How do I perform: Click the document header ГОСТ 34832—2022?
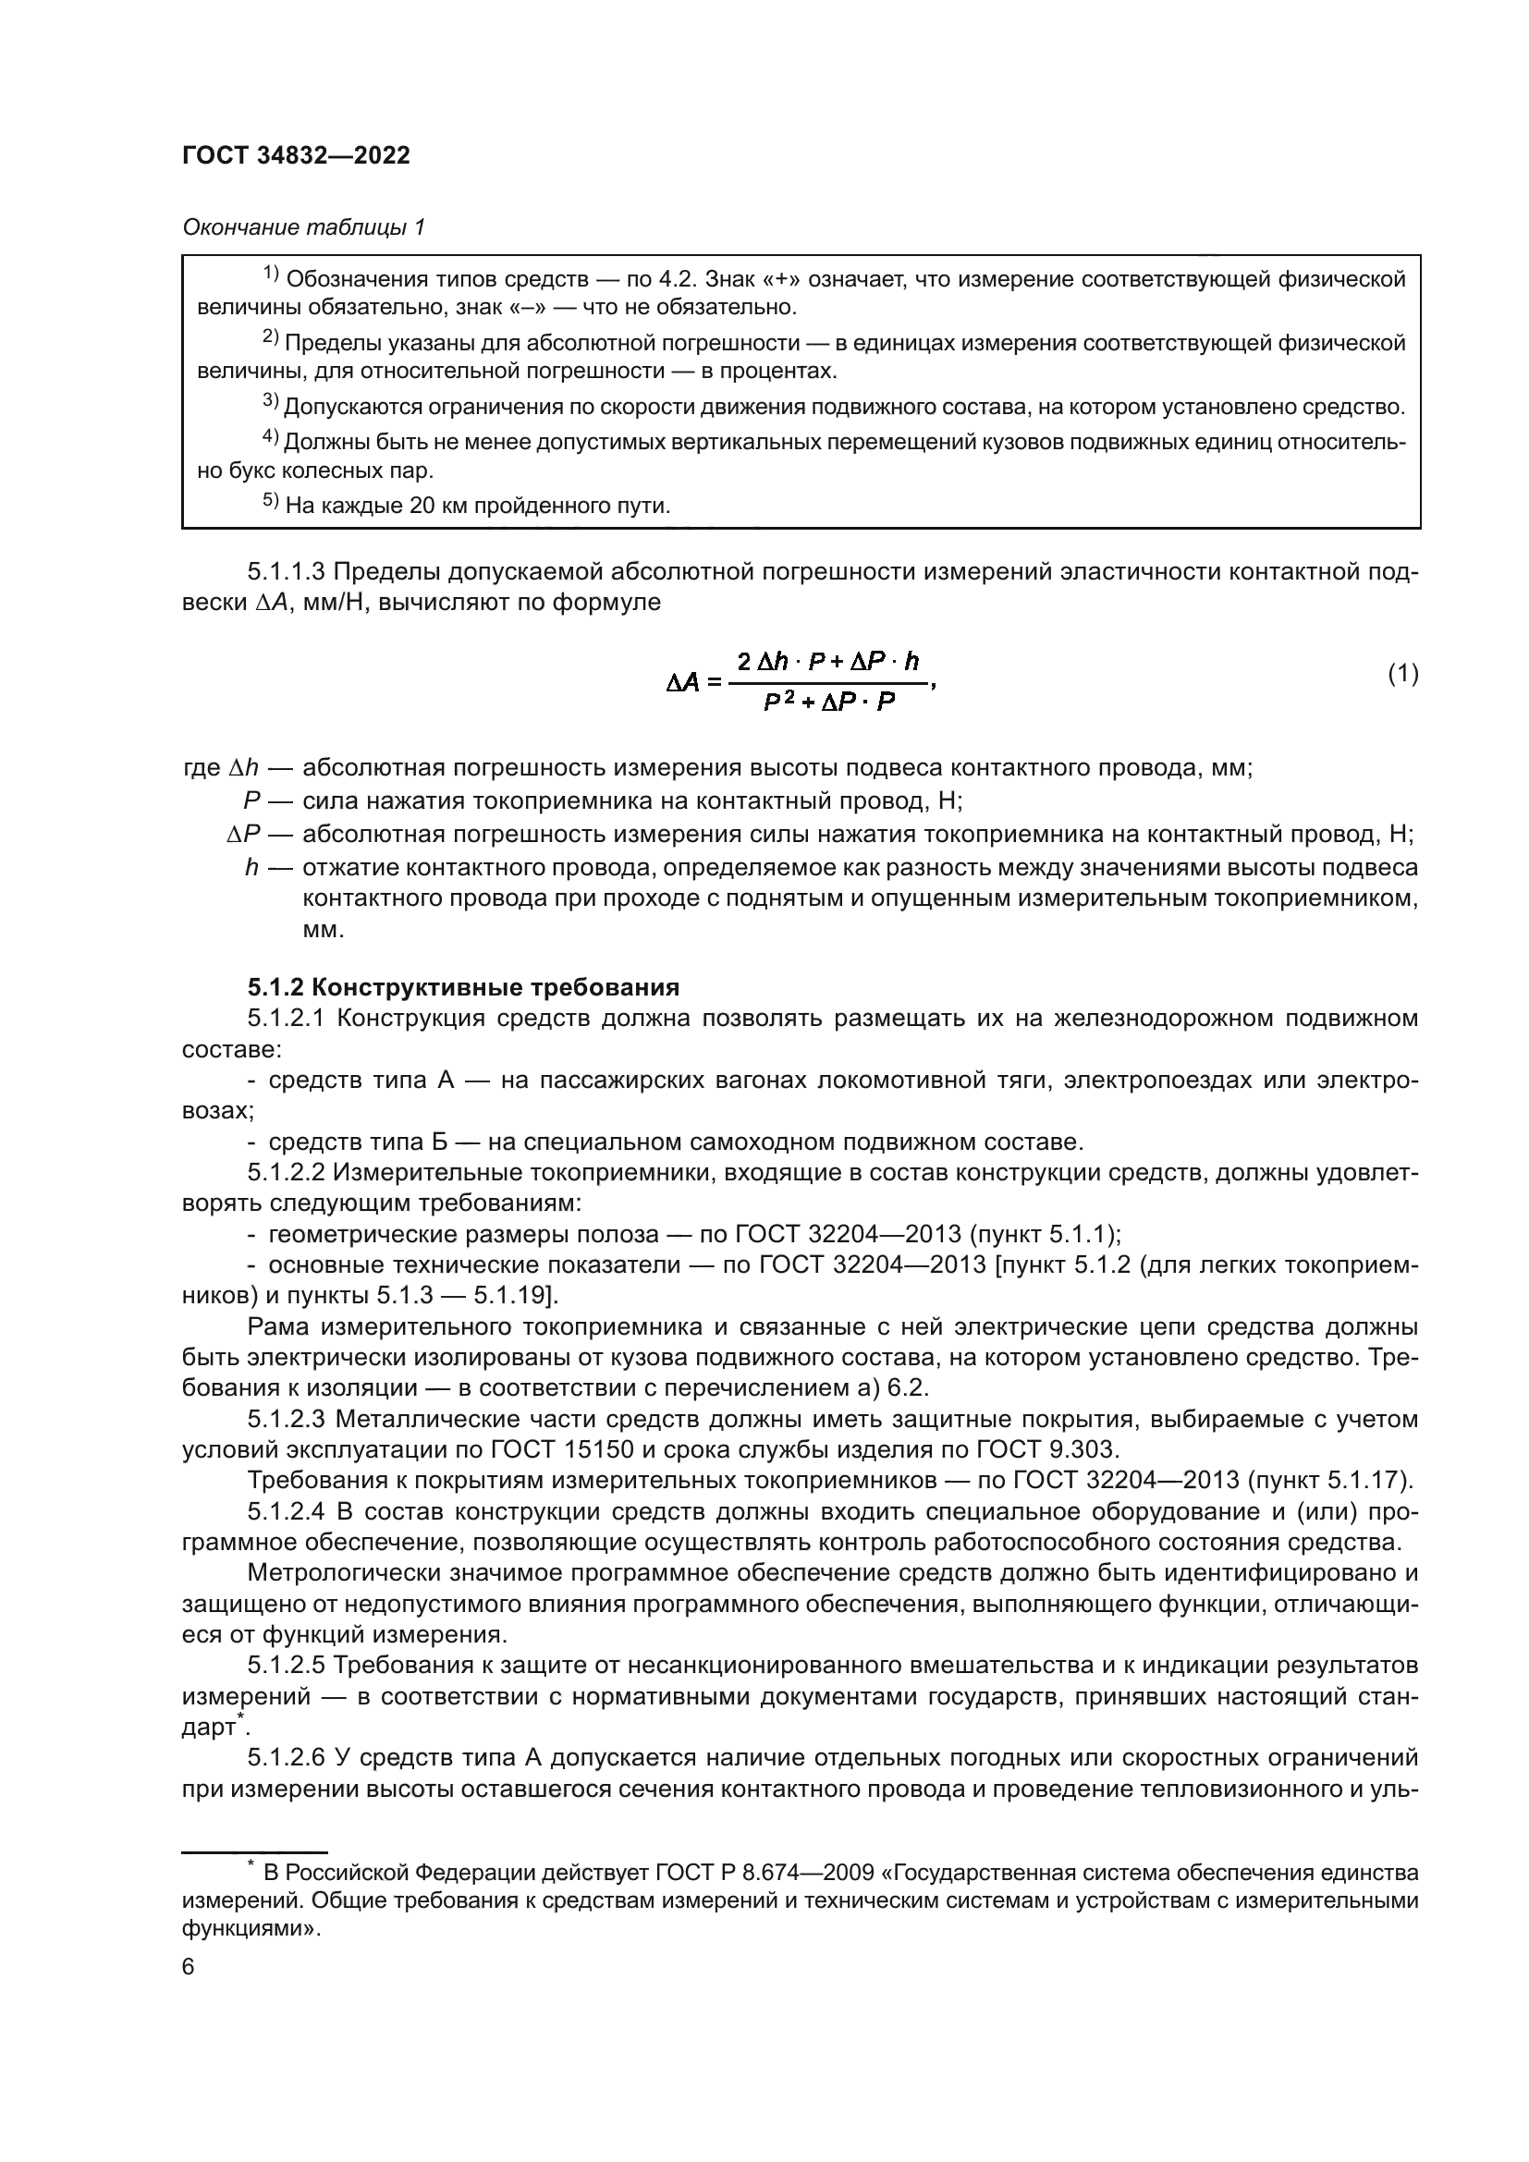297,155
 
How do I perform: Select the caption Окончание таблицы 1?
303,227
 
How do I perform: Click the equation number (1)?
1403,673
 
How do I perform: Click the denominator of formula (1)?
828,702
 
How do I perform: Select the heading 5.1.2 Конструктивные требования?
463,987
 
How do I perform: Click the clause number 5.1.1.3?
287,571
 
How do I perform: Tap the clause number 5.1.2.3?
287,1419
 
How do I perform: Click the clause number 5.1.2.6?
287,1758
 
